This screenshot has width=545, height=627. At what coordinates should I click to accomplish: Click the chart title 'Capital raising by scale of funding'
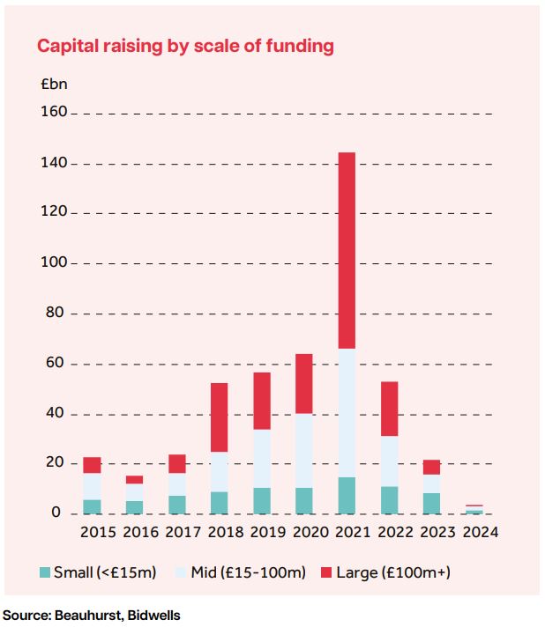point(185,47)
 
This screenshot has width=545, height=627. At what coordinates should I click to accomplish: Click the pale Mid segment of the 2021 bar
point(346,413)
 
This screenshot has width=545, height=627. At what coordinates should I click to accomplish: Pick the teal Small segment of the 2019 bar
point(262,500)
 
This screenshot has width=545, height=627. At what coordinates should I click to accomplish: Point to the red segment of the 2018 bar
point(220,417)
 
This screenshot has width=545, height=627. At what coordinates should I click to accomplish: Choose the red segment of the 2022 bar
point(389,409)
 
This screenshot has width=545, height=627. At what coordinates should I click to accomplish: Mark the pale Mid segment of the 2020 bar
point(304,450)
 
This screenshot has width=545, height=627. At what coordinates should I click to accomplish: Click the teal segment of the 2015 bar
point(92,506)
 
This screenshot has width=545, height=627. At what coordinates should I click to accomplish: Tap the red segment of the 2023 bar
point(431,467)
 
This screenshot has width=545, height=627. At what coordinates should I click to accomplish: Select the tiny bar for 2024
point(474,510)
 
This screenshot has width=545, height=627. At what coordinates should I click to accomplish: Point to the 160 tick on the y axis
point(53,113)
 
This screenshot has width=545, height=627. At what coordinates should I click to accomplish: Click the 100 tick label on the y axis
point(53,263)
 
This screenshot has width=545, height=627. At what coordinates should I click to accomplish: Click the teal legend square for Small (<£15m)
point(46,573)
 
